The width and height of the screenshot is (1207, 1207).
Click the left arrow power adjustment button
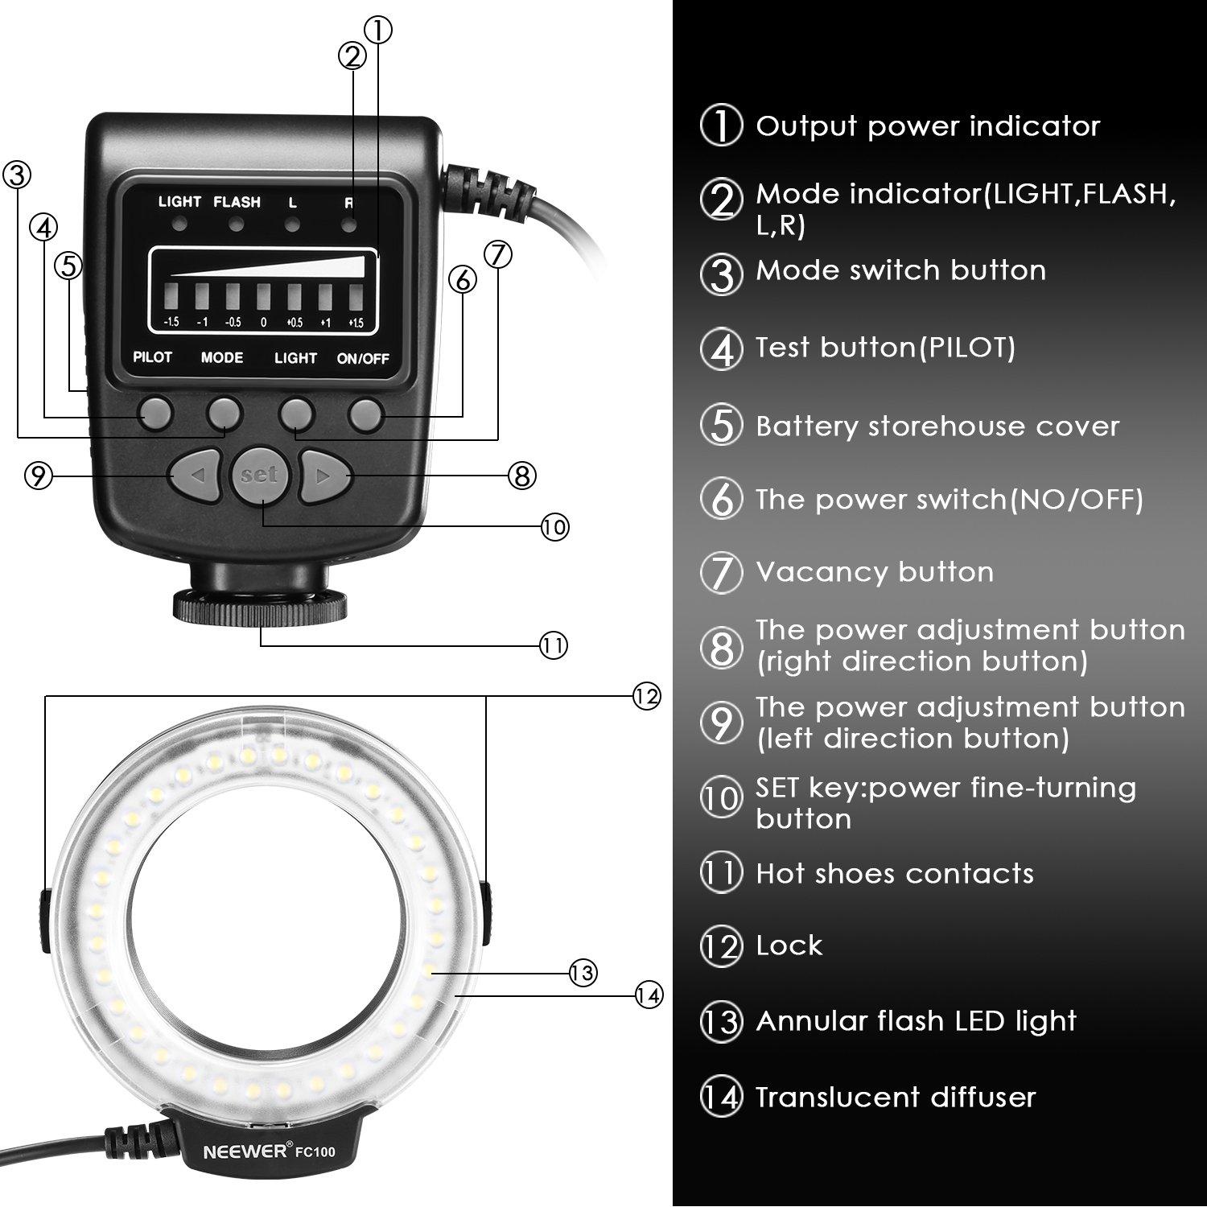[x=193, y=476]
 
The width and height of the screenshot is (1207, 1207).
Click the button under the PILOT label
[x=155, y=413]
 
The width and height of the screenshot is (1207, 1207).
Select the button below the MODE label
[x=224, y=413]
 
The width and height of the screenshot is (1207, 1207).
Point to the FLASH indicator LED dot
[x=236, y=225]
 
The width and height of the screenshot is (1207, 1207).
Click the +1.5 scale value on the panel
[x=356, y=323]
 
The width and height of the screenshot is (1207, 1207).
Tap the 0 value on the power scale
[x=262, y=323]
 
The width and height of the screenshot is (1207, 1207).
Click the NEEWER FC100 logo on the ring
[x=269, y=1151]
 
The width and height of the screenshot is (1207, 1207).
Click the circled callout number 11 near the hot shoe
[x=553, y=645]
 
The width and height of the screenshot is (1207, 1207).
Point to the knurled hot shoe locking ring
[x=260, y=606]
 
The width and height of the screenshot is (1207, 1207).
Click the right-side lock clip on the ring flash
[x=485, y=913]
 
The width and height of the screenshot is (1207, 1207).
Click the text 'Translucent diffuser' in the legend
[x=895, y=1097]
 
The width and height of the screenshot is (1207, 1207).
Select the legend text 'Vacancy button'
[x=874, y=572]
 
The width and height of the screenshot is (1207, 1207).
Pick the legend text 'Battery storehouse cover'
[x=937, y=426]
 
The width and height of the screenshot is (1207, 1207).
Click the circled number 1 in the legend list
[x=721, y=126]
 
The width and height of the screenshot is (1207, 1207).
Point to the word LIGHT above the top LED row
[x=179, y=202]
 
